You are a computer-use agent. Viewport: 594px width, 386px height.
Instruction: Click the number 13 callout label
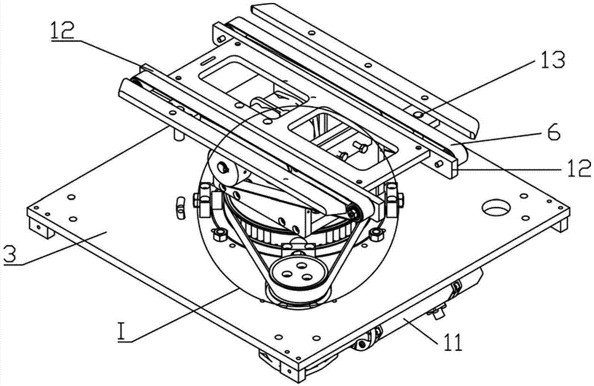point(549,59)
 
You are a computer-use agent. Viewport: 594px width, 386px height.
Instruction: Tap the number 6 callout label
point(552,134)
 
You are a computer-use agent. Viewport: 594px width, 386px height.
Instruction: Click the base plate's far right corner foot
point(562,226)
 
